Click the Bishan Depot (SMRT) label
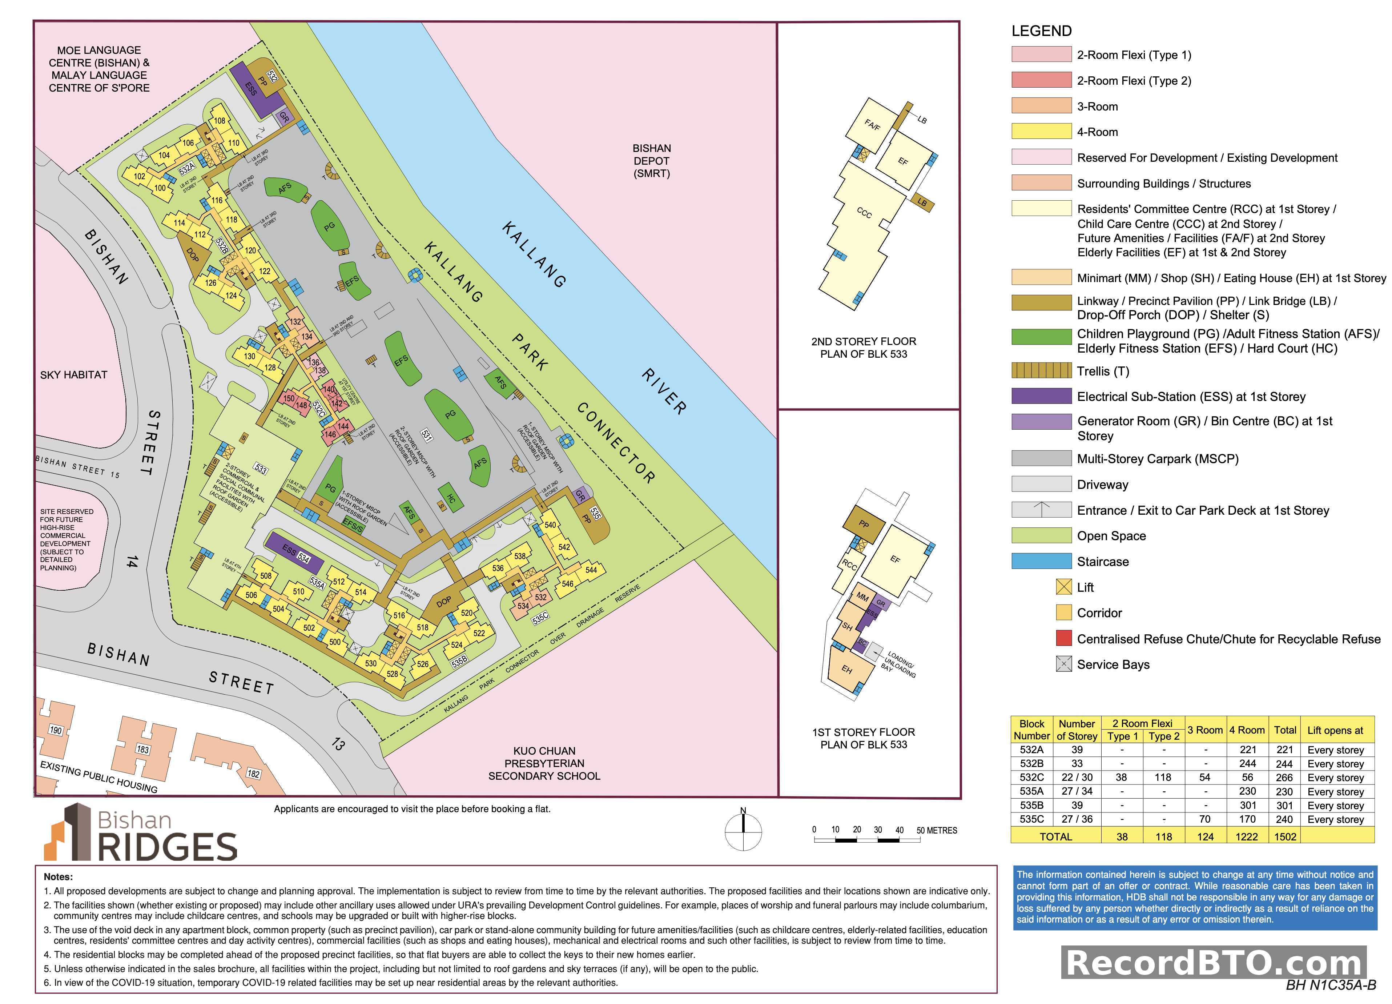click(651, 161)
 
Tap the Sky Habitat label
click(74, 375)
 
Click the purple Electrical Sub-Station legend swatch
click(1041, 397)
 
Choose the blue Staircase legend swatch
click(1041, 561)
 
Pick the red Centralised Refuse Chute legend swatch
click(1064, 638)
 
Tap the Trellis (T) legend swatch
click(1041, 371)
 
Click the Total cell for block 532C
click(1284, 778)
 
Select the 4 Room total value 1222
click(1247, 836)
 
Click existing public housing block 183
click(142, 749)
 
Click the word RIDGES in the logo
click(167, 847)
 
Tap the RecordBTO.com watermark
click(1214, 962)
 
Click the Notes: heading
click(58, 877)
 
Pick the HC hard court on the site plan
click(451, 499)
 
